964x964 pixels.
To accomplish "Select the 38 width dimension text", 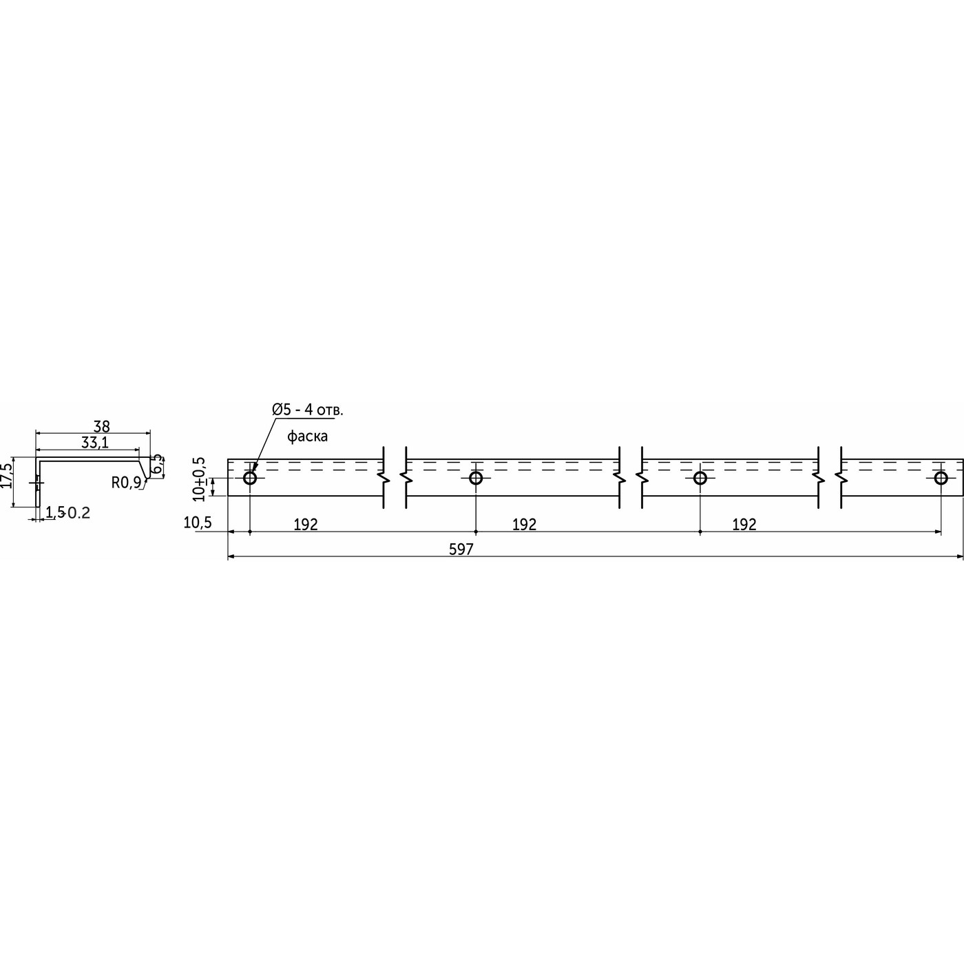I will [x=101, y=427].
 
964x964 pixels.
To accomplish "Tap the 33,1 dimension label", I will [x=94, y=443].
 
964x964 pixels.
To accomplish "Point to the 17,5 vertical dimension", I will [x=6, y=475].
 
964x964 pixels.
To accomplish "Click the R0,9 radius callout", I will [x=126, y=483].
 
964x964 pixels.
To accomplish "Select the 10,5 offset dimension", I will [x=197, y=523].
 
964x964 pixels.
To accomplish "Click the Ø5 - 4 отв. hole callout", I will [x=307, y=410].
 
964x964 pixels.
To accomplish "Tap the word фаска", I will [x=307, y=436].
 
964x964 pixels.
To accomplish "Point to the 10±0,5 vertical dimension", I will [x=200, y=478].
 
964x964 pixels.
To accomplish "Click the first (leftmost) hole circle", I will [x=249, y=478].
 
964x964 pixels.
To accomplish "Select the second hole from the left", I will [x=475, y=478].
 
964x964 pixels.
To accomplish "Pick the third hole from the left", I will [x=700, y=478].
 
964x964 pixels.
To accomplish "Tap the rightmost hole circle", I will [x=941, y=478].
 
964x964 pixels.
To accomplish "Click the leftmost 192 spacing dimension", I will [x=306, y=525].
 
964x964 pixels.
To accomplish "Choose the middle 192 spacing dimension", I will [x=524, y=525].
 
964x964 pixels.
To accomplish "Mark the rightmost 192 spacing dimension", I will [x=744, y=525].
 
